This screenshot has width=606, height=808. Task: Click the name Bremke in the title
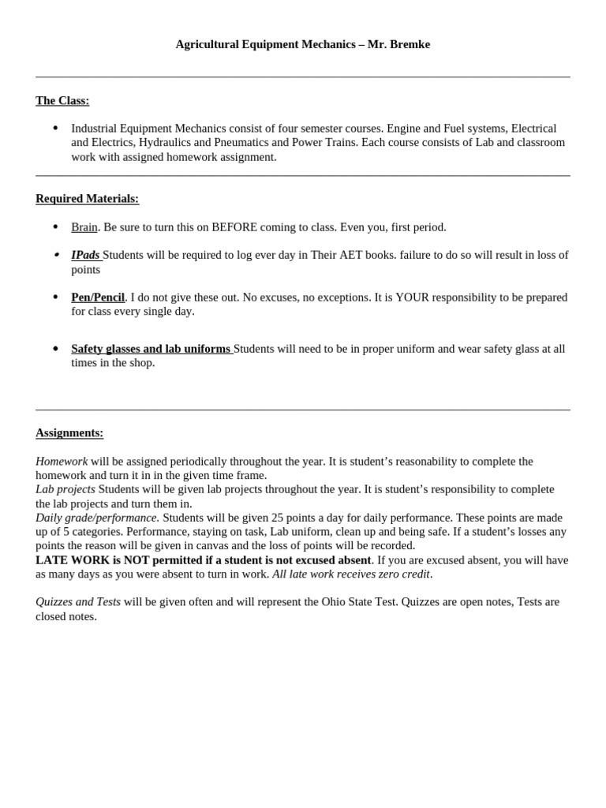tap(410, 44)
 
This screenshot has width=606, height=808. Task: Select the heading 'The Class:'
tap(62, 100)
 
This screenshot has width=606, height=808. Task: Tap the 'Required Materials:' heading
tap(87, 199)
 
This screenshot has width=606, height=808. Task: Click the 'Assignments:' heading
tap(69, 432)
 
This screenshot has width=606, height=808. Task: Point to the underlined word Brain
tap(84, 227)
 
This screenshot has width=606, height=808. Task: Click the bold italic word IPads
tap(85, 255)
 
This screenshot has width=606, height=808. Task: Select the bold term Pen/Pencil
tap(98, 297)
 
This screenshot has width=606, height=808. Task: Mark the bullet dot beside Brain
tap(55, 227)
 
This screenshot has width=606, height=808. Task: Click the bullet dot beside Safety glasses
tap(55, 349)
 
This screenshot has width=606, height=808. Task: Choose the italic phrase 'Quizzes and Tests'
tap(78, 601)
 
